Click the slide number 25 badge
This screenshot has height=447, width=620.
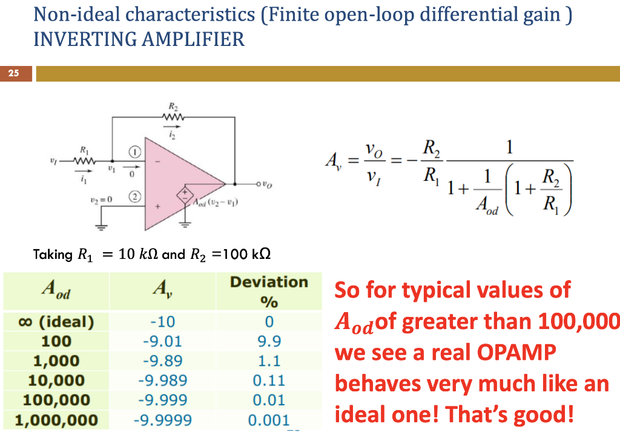(13, 74)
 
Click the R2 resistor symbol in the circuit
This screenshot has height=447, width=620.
(171, 118)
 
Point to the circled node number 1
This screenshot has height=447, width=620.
(136, 150)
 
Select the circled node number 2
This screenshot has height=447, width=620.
(136, 197)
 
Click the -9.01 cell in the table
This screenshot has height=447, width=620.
(162, 341)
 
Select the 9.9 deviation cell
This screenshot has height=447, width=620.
(269, 341)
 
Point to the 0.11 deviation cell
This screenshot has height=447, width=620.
(269, 380)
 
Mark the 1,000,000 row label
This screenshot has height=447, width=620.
(56, 420)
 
